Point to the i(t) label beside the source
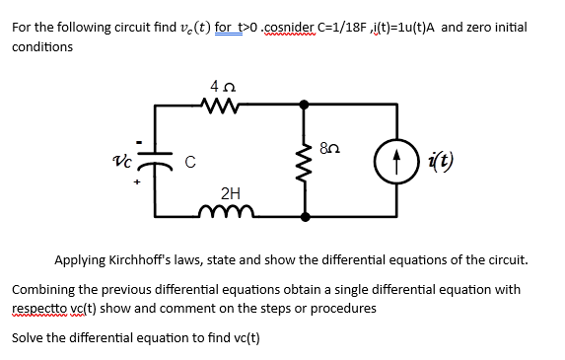[x=443, y=159]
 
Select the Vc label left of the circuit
[x=122, y=160]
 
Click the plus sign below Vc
[x=139, y=184]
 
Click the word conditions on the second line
[x=42, y=46]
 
